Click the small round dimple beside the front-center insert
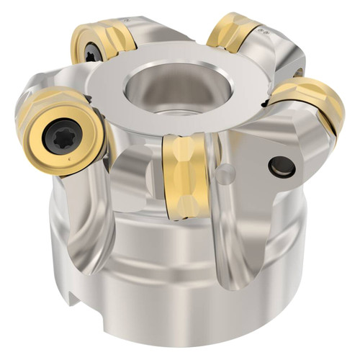(225, 174)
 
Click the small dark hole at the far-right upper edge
(299, 72)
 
